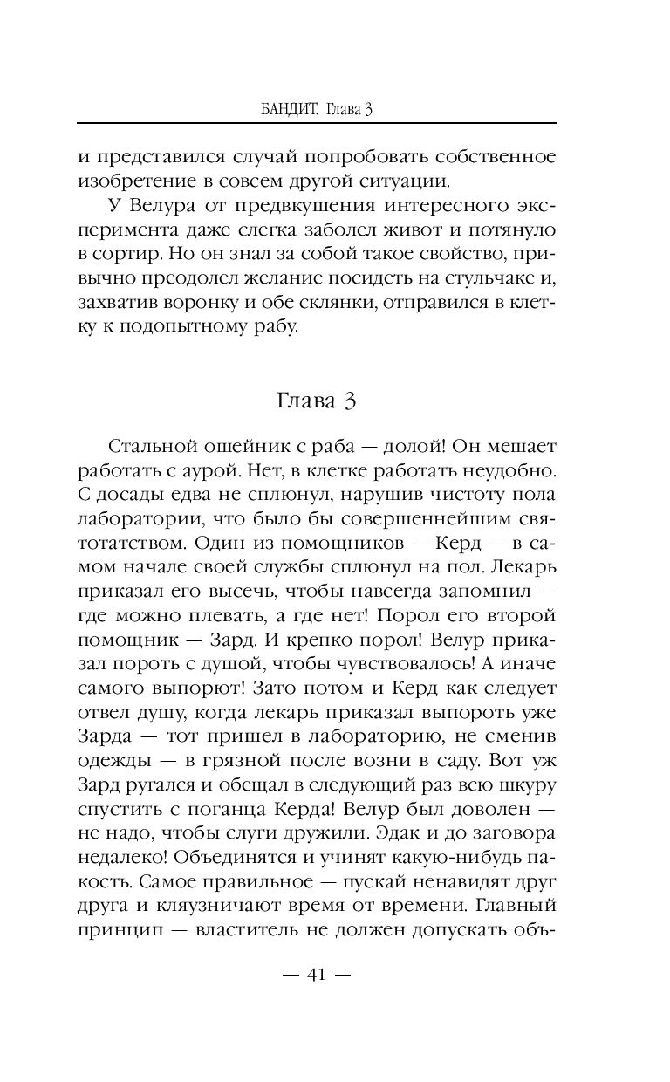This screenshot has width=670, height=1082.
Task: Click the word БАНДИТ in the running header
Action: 291,108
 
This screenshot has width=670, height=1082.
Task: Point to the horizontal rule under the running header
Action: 316,123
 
